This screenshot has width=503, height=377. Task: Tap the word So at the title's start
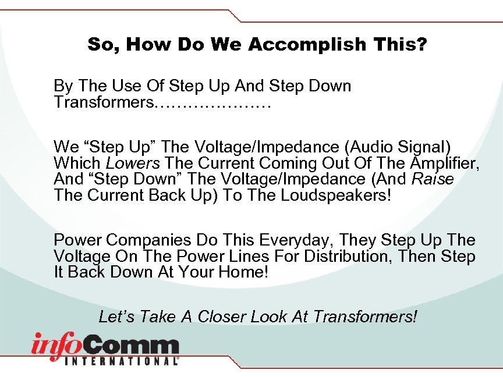(100, 45)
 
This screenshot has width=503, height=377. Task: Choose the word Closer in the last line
(222, 316)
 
